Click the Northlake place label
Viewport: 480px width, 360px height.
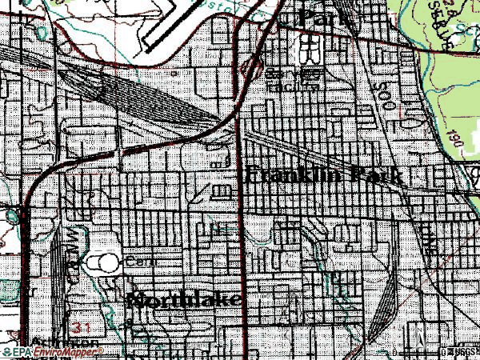[x=183, y=301]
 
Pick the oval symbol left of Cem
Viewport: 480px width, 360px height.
[x=102, y=261]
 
